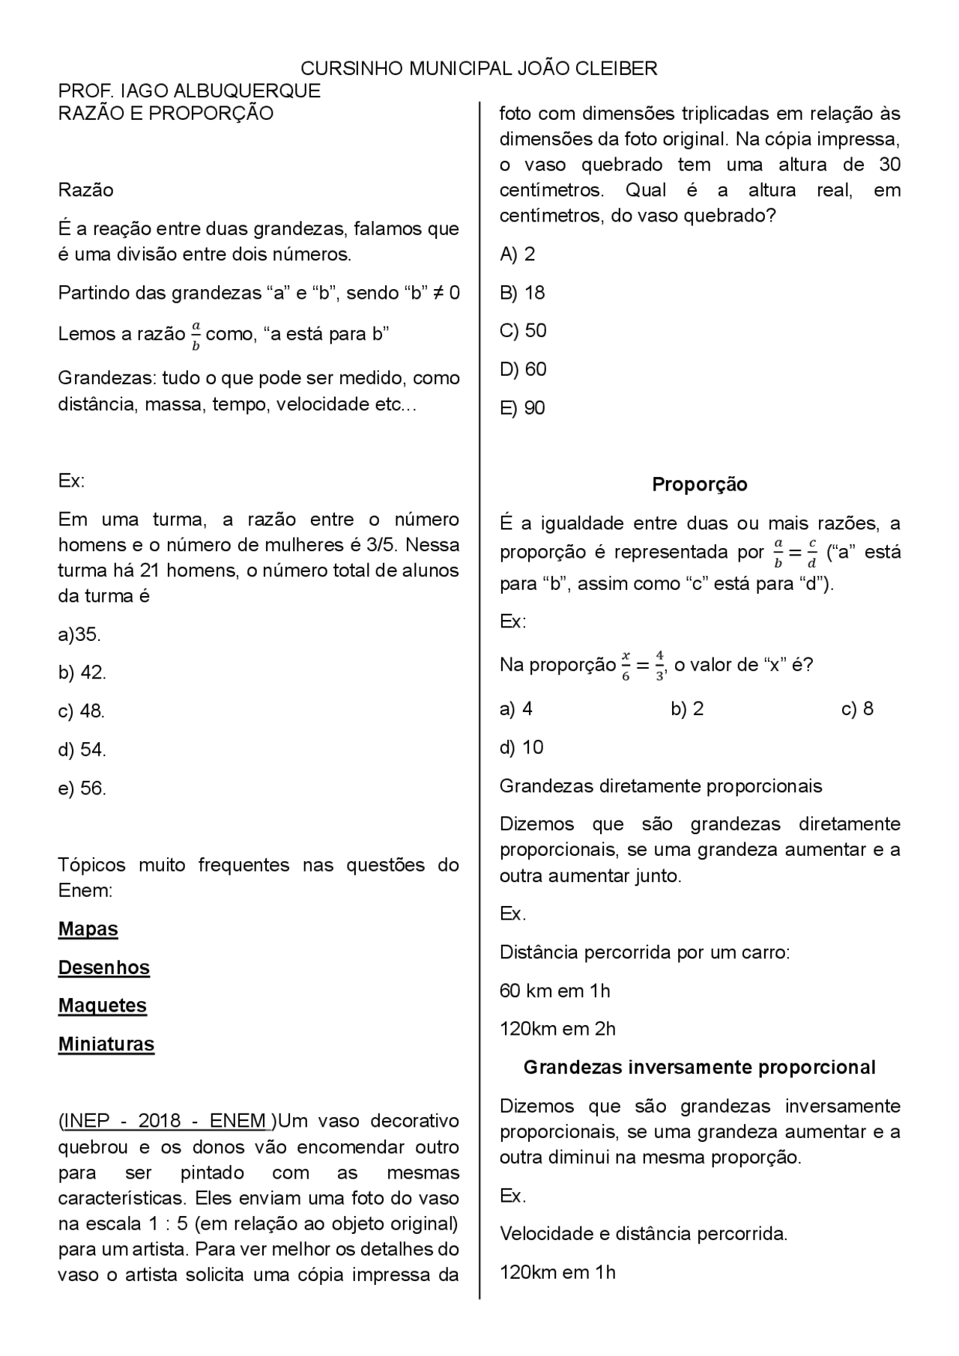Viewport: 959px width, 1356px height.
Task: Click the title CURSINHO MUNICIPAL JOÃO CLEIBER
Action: click(x=479, y=69)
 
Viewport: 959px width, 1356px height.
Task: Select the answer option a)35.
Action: click(x=79, y=635)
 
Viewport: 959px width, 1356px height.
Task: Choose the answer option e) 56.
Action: click(x=82, y=788)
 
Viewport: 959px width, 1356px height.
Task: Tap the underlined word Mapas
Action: click(x=88, y=929)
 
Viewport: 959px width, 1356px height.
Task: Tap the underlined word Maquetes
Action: click(x=103, y=1006)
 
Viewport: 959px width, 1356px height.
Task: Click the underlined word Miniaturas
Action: click(x=106, y=1045)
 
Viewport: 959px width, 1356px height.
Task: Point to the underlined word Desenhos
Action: click(x=104, y=967)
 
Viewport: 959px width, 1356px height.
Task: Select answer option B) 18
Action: click(x=522, y=293)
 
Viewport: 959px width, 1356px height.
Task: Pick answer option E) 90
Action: click(x=522, y=408)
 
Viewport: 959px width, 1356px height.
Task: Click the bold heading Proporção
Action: click(x=700, y=484)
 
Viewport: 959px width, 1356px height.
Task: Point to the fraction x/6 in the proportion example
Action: click(x=626, y=666)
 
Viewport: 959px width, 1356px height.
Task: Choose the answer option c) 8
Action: click(x=858, y=709)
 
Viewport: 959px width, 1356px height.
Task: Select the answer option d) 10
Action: click(x=521, y=747)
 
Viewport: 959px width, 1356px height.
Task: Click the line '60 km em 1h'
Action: click(x=555, y=991)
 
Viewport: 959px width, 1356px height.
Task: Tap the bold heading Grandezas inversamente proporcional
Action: click(x=700, y=1068)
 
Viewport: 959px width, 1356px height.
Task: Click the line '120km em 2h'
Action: click(x=557, y=1030)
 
